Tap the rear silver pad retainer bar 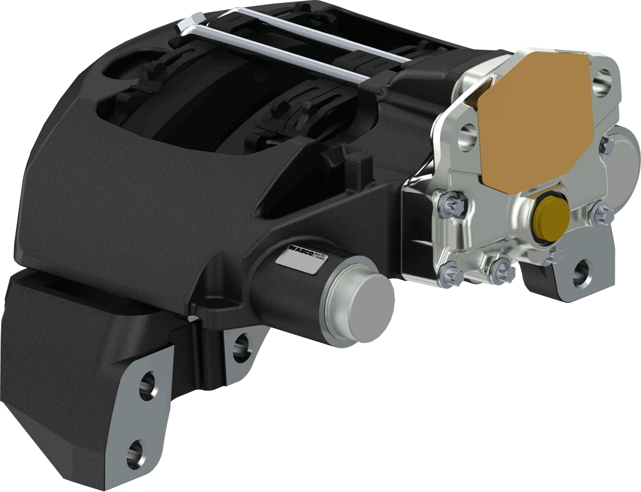[x=320, y=31]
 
